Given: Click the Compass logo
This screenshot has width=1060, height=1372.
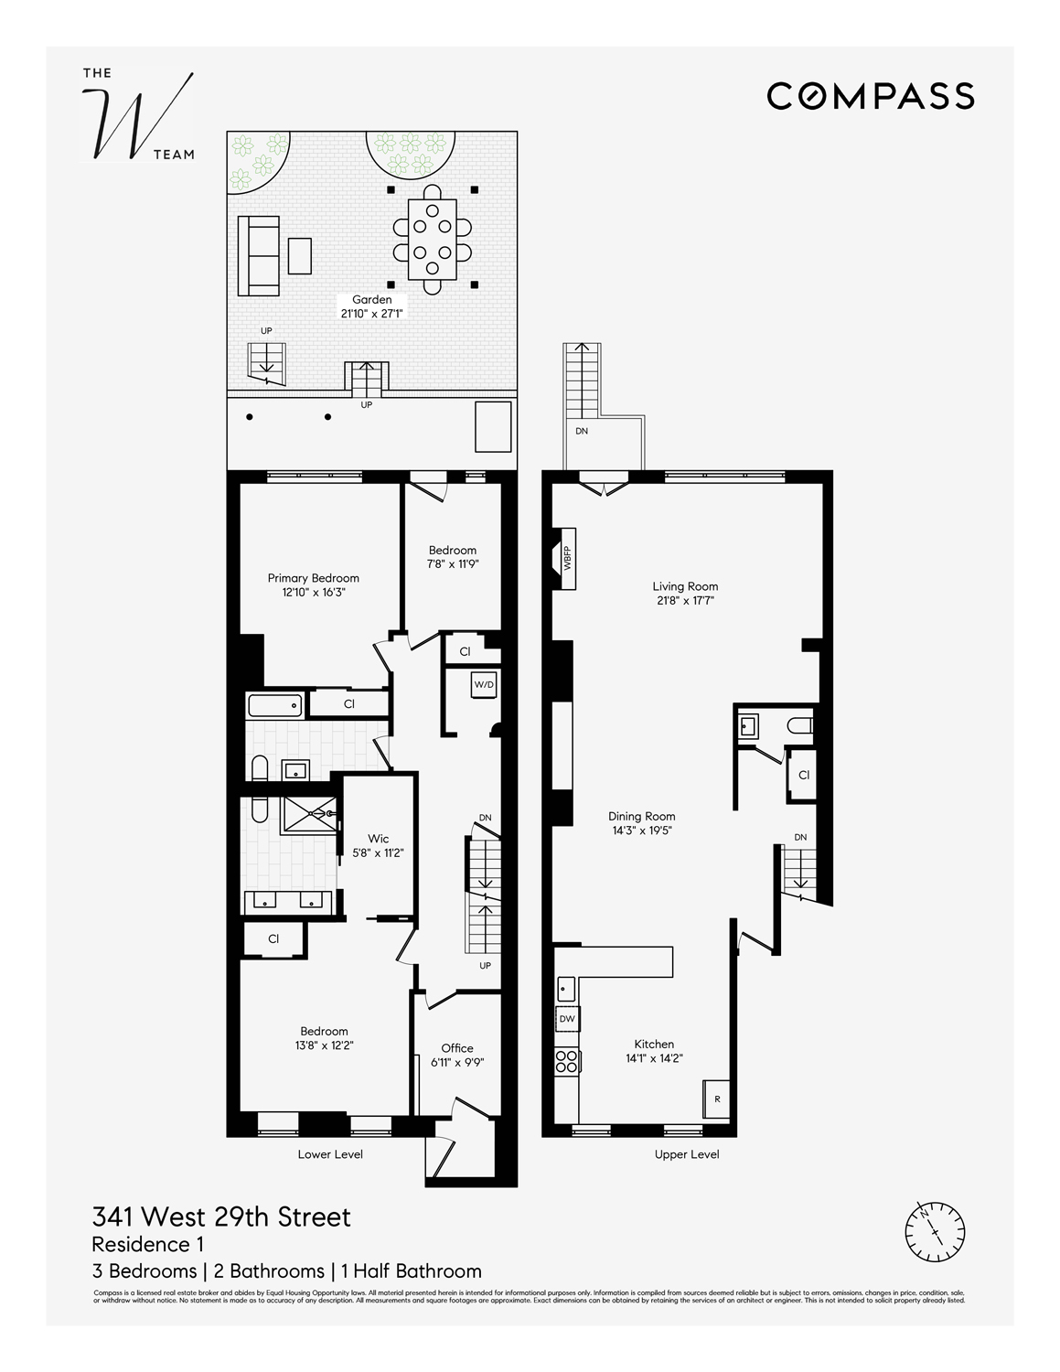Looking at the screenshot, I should pyautogui.click(x=870, y=95).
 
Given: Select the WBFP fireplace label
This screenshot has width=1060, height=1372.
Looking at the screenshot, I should pyautogui.click(x=567, y=557).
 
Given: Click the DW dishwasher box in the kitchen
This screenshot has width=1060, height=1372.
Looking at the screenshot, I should pyautogui.click(x=567, y=1018).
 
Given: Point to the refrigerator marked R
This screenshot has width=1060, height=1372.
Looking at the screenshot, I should pyautogui.click(x=716, y=1099).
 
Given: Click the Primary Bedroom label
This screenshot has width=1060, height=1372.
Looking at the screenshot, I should pyautogui.click(x=313, y=578).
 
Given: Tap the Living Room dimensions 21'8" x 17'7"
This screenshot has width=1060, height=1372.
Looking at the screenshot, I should pyautogui.click(x=685, y=601).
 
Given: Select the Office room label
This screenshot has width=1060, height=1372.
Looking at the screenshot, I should pyautogui.click(x=457, y=1048).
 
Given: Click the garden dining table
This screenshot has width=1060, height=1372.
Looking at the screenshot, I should pyautogui.click(x=432, y=239).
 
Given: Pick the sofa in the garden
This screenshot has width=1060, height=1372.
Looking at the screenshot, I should pyautogui.click(x=258, y=255).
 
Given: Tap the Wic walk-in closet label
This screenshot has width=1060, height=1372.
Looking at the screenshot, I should pyautogui.click(x=379, y=839).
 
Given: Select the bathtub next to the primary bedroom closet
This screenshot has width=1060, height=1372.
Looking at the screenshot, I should pyautogui.click(x=274, y=704).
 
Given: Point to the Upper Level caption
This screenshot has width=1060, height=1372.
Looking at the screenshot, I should pyautogui.click(x=687, y=1154).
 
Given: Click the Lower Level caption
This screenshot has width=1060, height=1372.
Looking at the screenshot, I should pyautogui.click(x=330, y=1154).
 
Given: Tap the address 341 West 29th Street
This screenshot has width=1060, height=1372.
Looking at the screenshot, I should pyautogui.click(x=221, y=1217).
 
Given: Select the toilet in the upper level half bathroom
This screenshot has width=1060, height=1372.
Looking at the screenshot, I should pyautogui.click(x=799, y=726).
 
